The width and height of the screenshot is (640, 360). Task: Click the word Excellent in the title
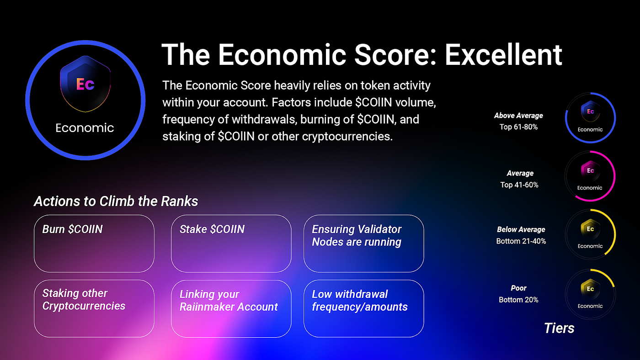click(503, 54)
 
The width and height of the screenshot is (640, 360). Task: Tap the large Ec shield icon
click(85, 84)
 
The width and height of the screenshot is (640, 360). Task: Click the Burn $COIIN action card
click(94, 244)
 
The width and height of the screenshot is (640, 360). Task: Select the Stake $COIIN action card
click(231, 244)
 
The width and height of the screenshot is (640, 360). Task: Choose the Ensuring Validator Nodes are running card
click(364, 244)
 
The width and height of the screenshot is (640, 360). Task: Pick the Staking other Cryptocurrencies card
click(94, 309)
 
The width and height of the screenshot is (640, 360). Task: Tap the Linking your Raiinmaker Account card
click(231, 309)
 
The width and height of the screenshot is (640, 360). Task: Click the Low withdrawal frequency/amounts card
click(364, 309)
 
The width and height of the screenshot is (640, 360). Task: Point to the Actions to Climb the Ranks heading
click(116, 201)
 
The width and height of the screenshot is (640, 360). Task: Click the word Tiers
click(559, 328)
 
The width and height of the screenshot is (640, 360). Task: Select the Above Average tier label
click(518, 116)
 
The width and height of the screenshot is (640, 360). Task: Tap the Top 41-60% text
click(519, 185)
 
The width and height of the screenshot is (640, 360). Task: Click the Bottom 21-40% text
click(521, 241)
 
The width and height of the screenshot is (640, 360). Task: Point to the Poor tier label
click(518, 288)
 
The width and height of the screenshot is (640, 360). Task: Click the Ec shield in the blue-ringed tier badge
click(590, 111)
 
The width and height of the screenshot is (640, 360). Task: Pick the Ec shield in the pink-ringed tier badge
click(590, 170)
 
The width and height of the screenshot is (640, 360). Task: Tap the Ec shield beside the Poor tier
click(590, 289)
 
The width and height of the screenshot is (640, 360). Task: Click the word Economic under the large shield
click(85, 128)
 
